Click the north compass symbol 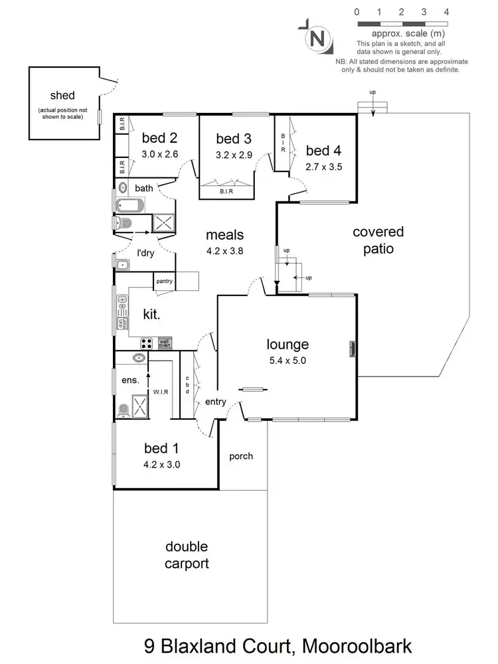click(317, 38)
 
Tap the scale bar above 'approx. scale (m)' click(401, 23)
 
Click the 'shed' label click(62, 95)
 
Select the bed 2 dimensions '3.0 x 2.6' click(159, 154)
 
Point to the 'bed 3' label click(234, 139)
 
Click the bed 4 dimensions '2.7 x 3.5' click(323, 167)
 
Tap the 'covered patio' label click(378, 240)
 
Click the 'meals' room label click(224, 234)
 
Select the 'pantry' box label click(164, 282)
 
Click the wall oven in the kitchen click(164, 343)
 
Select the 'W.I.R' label click(161, 392)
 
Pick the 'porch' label click(241, 456)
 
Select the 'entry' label click(216, 402)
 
